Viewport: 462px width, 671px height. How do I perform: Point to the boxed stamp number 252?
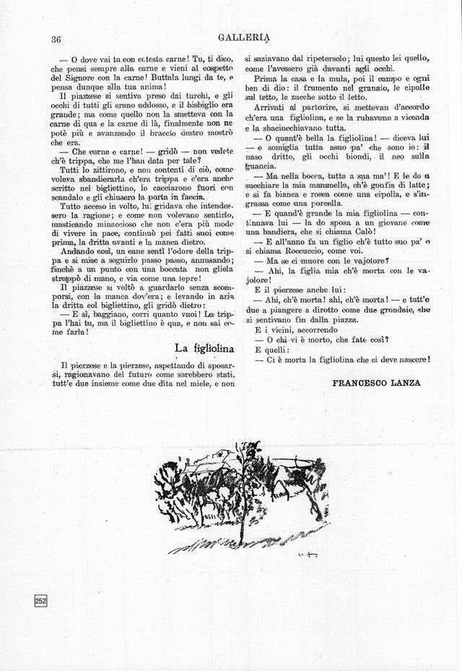tap(40, 601)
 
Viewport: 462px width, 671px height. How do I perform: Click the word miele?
tap(198, 384)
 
